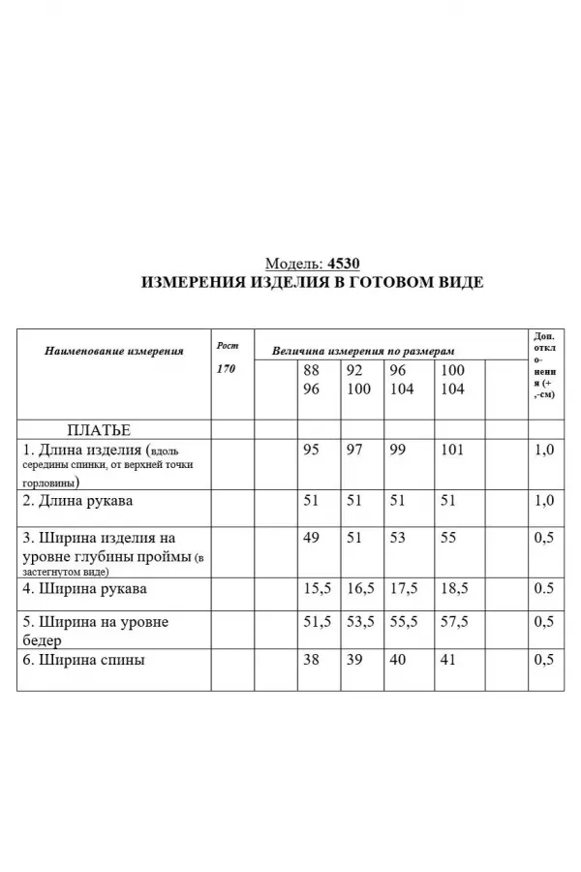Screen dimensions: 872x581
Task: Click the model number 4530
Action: [344, 264]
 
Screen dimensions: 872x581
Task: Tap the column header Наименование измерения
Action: [114, 351]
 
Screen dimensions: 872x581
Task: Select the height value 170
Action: [226, 369]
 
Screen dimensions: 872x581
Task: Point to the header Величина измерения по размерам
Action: [364, 351]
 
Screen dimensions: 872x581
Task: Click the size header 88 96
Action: [311, 380]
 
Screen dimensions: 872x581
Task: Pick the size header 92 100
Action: [358, 380]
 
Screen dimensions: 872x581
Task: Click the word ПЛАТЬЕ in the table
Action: [98, 429]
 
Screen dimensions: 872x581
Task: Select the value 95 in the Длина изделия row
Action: [311, 451]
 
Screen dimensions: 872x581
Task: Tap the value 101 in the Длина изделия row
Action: [452, 451]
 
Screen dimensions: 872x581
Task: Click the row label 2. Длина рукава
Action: [78, 501]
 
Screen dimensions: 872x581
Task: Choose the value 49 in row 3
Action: [311, 538]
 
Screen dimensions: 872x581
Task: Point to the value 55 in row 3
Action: [448, 538]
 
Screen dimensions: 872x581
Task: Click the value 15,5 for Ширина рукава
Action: [317, 588]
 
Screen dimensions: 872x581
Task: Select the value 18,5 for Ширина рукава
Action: [456, 588]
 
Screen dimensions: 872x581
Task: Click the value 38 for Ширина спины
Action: [311, 661]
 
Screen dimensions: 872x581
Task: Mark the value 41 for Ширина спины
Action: [448, 661]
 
